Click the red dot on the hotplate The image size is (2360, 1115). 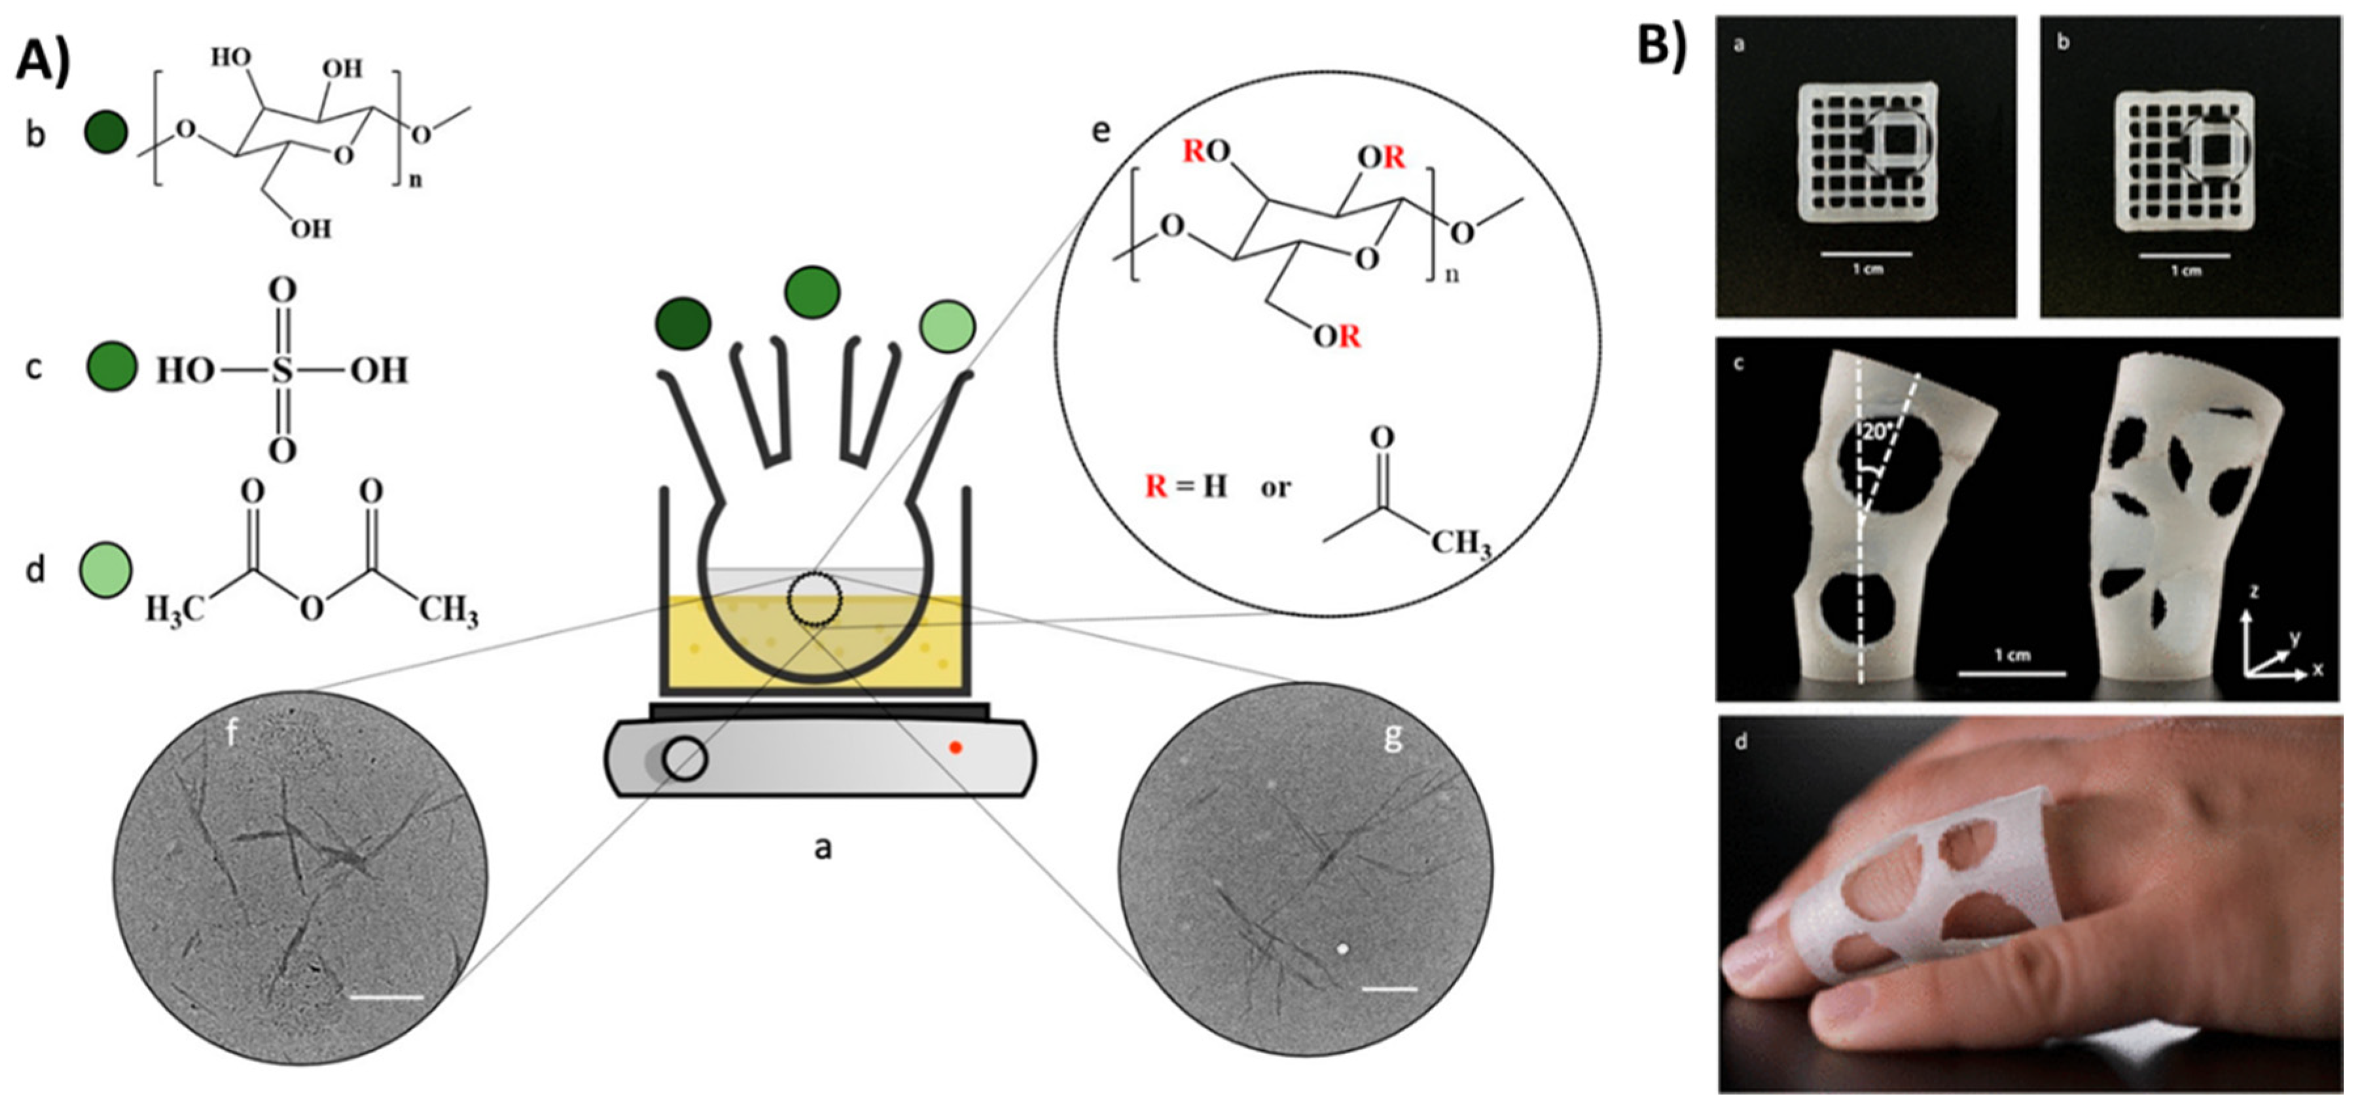[955, 748]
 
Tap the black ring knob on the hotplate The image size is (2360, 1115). [685, 759]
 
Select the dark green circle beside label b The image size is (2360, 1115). [105, 132]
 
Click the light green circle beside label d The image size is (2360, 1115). [106, 570]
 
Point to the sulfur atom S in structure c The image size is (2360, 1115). [282, 370]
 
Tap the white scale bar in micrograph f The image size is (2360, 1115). [387, 996]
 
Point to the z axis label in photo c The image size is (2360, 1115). [2253, 592]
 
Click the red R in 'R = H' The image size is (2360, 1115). [1156, 486]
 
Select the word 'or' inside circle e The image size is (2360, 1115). [1276, 487]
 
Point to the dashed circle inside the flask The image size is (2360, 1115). [813, 599]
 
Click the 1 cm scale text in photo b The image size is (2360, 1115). [2186, 271]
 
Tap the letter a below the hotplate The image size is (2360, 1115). [823, 847]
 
